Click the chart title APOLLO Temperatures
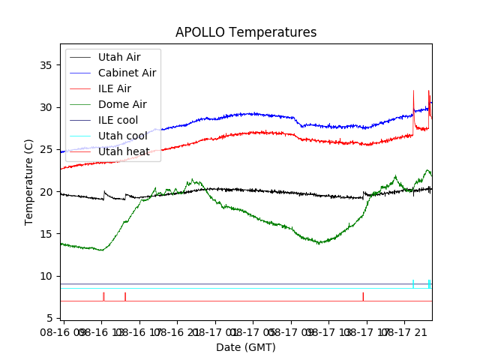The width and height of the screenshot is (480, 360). pos(246,32)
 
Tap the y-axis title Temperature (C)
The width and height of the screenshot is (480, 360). pos(29,181)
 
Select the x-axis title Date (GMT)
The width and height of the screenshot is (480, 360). pos(246,347)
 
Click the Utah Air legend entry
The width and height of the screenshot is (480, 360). pos(118,57)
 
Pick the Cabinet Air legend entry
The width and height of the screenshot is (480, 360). pos(127,73)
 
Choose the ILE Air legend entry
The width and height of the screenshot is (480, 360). pos(114,88)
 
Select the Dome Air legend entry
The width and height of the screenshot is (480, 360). pos(122,104)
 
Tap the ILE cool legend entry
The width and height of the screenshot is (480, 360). pos(118,120)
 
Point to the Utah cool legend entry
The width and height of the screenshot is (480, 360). pos(122,136)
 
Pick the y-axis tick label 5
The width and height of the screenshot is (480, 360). pos(52,319)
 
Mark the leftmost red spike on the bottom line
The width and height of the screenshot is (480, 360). pos(103,296)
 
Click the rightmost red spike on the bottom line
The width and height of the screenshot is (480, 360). pos(363,296)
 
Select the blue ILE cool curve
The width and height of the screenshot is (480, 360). pos(247,114)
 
